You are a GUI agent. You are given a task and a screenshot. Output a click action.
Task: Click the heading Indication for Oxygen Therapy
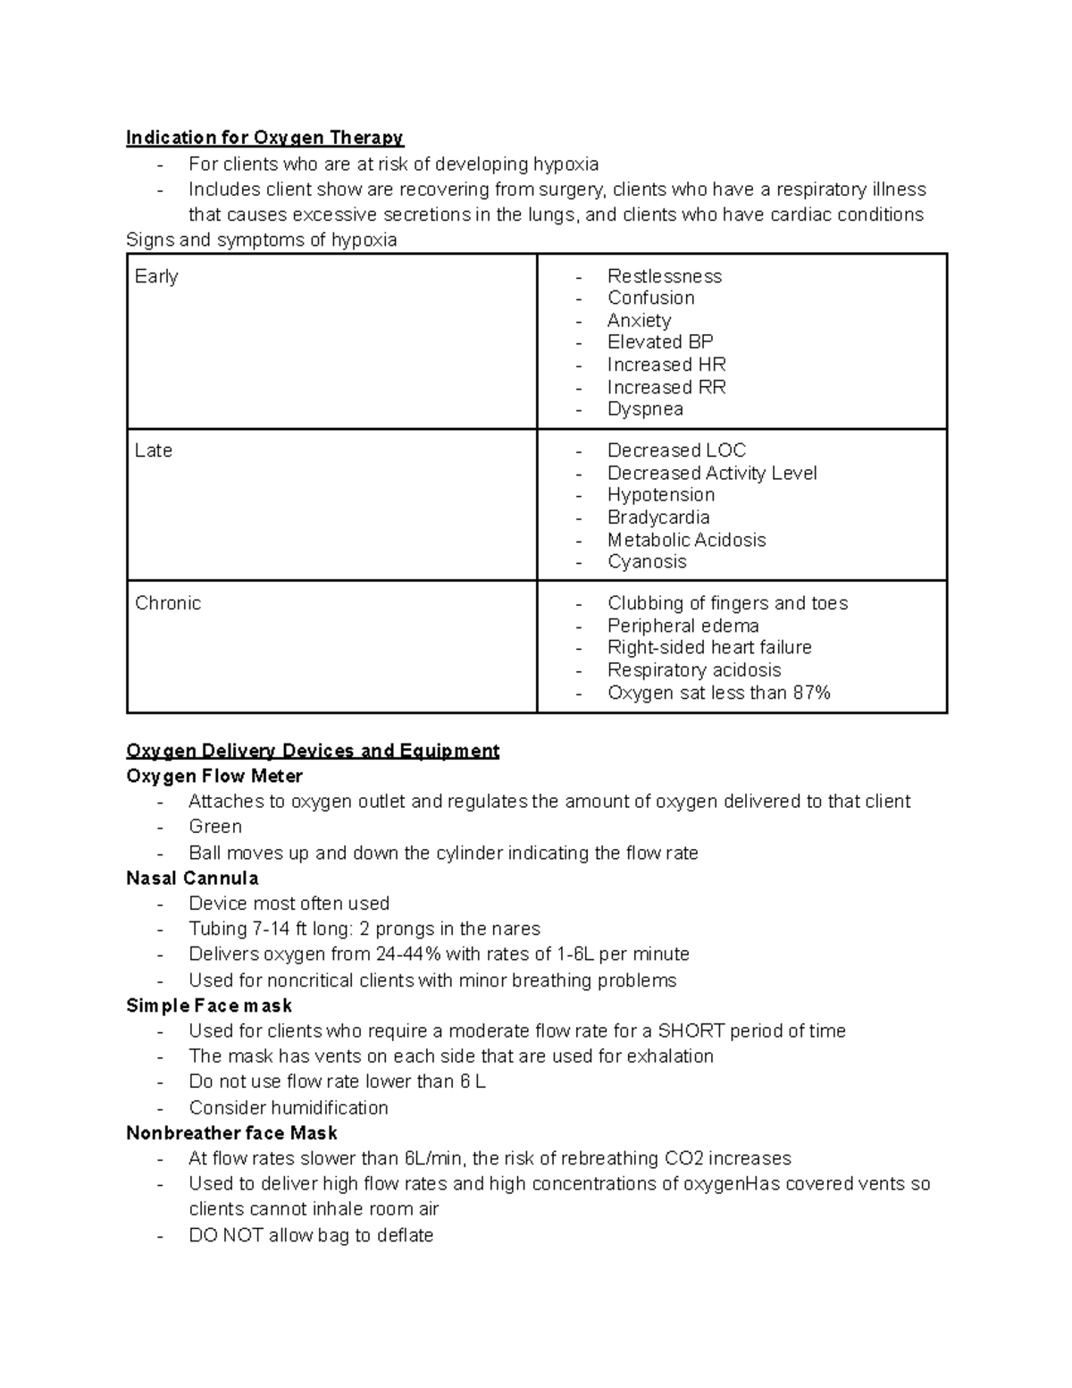pos(264,138)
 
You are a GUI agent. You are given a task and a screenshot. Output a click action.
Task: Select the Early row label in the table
pos(156,276)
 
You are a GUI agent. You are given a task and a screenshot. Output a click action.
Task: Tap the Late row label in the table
pos(154,450)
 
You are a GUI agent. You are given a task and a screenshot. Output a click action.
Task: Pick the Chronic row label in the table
pos(168,603)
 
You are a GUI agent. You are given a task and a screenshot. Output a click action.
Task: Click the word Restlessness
pos(664,276)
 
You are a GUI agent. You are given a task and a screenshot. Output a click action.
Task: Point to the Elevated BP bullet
pos(660,342)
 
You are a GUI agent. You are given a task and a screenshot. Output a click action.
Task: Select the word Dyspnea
pos(645,409)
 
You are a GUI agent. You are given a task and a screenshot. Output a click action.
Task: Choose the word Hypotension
pos(661,495)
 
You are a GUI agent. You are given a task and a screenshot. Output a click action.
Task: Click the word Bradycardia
pos(658,517)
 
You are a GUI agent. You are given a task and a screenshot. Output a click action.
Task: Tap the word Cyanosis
pos(647,562)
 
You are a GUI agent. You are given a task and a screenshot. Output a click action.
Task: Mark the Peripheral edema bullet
pos(683,626)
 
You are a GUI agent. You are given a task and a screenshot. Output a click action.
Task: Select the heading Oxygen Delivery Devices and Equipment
pos(313,751)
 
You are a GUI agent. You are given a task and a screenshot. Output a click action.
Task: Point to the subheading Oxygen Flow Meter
pos(214,776)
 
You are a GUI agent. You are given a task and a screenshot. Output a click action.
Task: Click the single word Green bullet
pos(215,827)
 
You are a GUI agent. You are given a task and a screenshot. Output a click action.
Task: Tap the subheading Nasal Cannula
pos(192,878)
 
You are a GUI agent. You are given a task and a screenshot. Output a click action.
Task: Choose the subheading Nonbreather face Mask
pos(231,1133)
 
